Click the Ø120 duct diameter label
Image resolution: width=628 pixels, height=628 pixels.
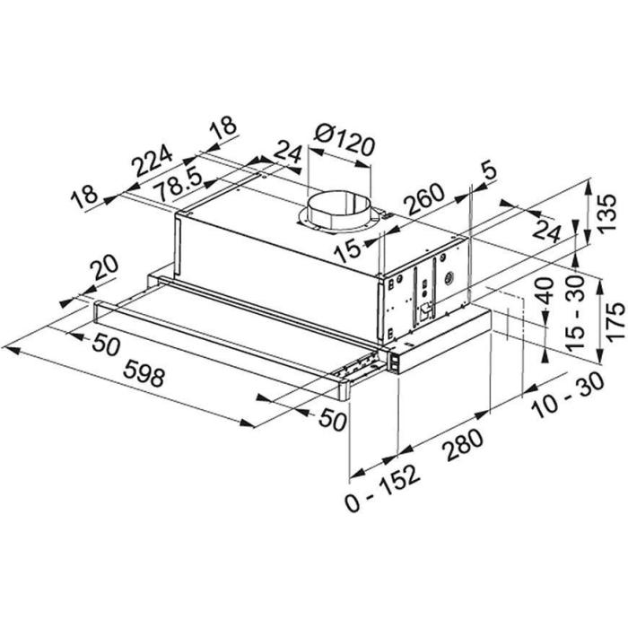coord(345,141)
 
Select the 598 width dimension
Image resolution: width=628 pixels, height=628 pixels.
coord(144,372)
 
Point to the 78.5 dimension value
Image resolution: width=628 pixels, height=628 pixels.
coord(179,186)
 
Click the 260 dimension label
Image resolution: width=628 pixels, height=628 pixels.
coord(424,199)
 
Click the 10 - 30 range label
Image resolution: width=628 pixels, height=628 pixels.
coord(568,395)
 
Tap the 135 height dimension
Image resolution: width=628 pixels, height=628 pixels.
coord(606,213)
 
